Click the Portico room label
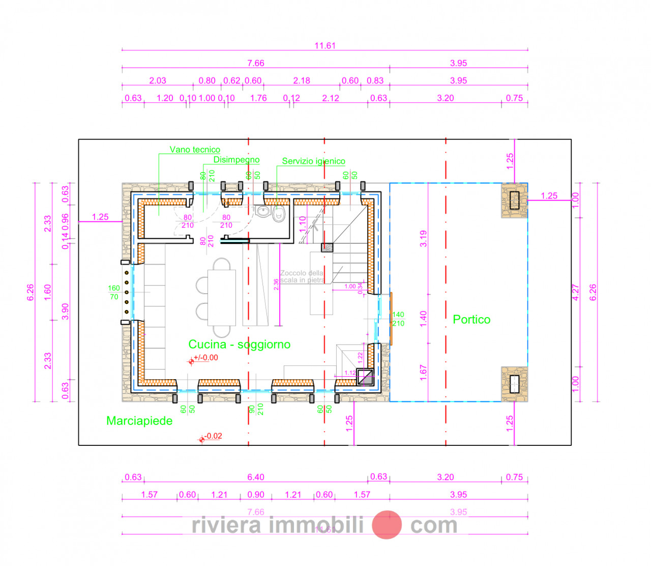point(471,320)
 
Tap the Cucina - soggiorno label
point(239,345)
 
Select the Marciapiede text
point(139,421)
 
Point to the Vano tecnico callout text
point(195,150)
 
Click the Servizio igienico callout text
point(313,161)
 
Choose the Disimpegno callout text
point(236,160)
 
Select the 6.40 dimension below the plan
point(255,477)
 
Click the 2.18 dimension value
point(302,80)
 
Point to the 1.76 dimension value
point(258,98)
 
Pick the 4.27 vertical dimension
point(576,292)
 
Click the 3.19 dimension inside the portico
point(423,239)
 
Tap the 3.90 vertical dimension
point(65,312)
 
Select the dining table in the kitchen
point(222,298)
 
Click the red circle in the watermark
point(387,525)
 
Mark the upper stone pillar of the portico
point(514,201)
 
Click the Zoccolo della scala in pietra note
point(302,276)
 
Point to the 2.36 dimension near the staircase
point(276,285)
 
